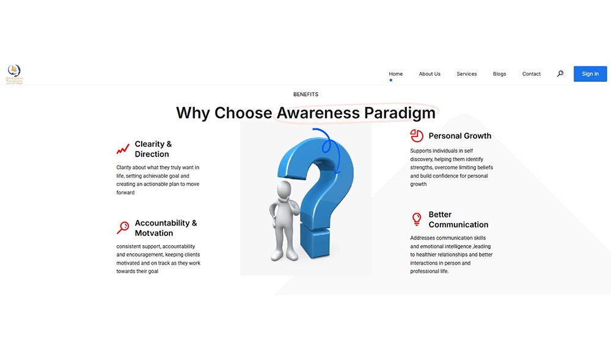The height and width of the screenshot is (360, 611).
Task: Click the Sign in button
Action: [590, 74]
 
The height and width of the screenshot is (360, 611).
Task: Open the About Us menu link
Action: [430, 74]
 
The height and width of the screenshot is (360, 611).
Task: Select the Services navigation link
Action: [466, 74]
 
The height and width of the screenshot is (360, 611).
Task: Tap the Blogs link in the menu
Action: [499, 74]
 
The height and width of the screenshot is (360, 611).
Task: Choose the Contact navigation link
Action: [531, 74]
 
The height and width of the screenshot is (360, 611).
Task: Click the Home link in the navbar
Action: [395, 74]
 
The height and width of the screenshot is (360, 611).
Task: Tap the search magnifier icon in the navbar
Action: [560, 73]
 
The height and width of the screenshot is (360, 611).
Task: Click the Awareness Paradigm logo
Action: [14, 74]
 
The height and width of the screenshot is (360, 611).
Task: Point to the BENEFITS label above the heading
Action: [306, 94]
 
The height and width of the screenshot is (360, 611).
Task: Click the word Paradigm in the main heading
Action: [400, 113]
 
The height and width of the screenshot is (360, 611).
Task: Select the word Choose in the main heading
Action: [243, 113]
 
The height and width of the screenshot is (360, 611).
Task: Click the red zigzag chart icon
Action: [123, 149]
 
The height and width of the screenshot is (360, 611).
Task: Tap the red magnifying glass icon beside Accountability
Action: [123, 227]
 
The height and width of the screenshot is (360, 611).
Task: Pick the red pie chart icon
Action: [417, 136]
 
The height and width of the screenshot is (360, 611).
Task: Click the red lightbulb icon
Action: [417, 219]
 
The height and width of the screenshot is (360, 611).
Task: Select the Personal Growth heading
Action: [460, 136]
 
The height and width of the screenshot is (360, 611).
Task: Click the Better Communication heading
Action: [458, 219]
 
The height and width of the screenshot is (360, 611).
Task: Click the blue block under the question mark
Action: [315, 243]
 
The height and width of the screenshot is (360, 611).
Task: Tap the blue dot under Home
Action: [391, 80]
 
